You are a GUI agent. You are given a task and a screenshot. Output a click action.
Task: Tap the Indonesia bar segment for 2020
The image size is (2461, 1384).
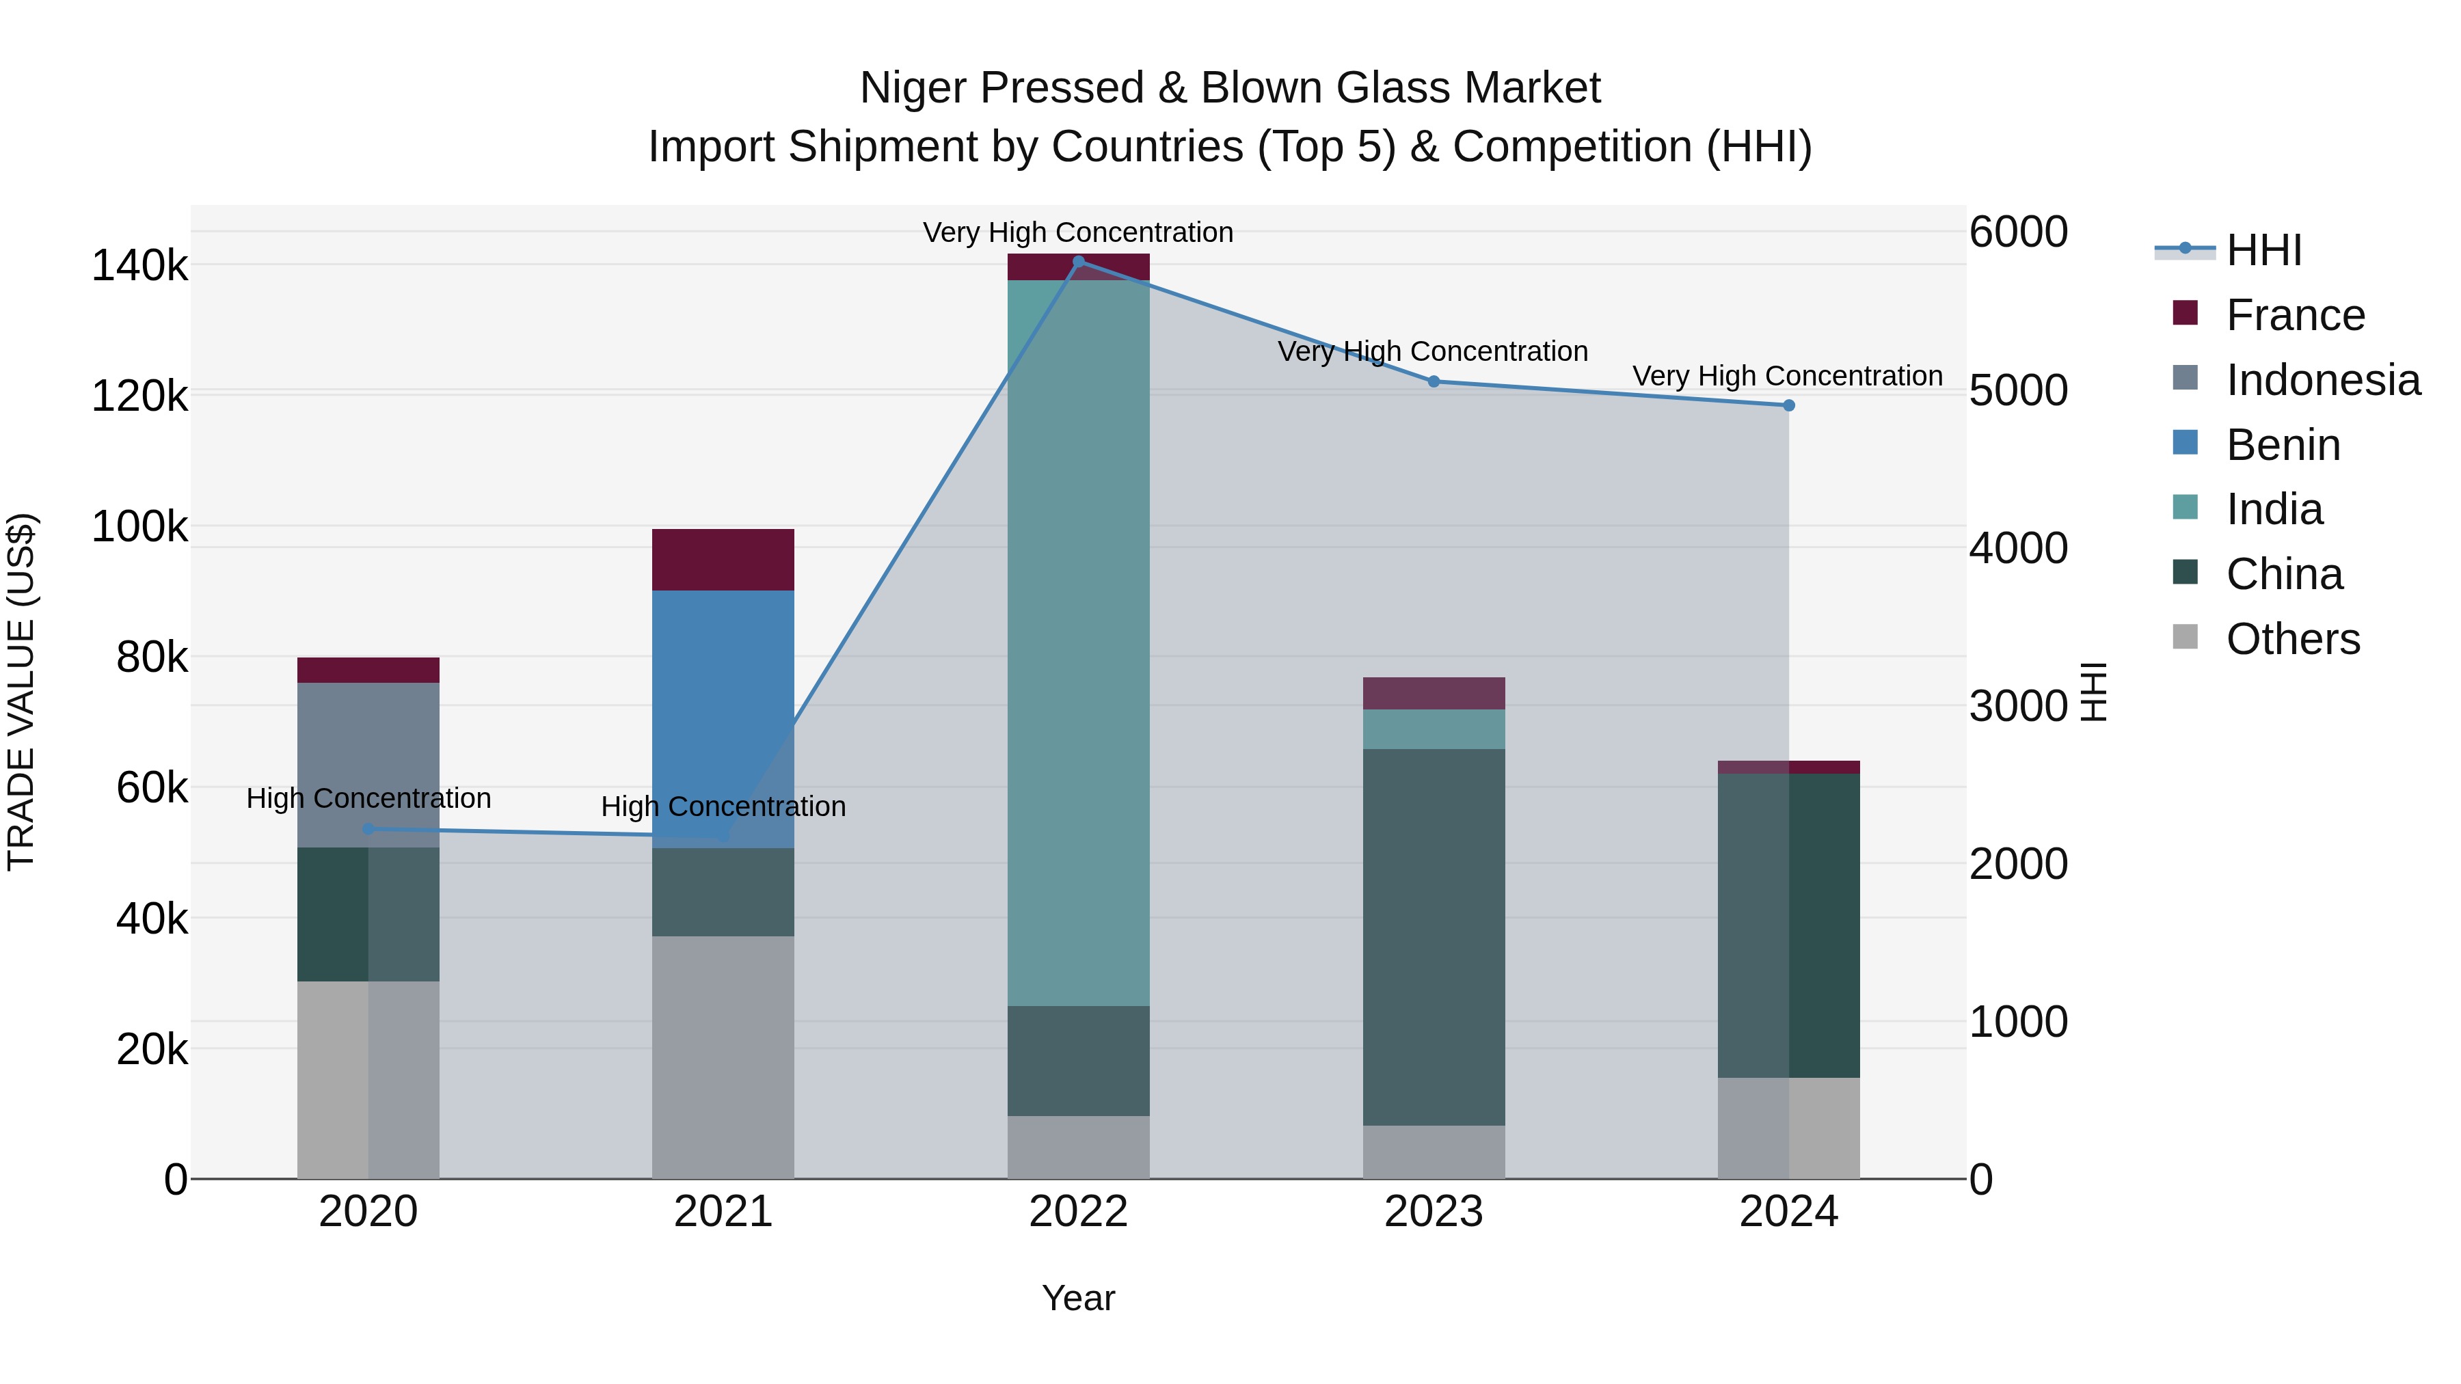click(368, 764)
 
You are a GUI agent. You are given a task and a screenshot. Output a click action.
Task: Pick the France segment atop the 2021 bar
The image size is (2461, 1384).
click(723, 559)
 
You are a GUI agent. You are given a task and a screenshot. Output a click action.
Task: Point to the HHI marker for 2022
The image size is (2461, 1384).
click(1079, 261)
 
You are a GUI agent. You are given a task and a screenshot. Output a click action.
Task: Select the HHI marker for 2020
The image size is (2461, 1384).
click(368, 828)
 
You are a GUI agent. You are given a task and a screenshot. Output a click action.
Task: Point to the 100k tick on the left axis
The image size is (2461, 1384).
click(139, 526)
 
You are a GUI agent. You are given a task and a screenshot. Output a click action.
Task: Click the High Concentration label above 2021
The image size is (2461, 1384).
click(723, 806)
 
